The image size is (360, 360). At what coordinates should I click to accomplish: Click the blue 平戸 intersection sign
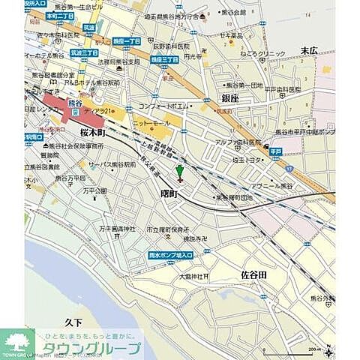point(275,151)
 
